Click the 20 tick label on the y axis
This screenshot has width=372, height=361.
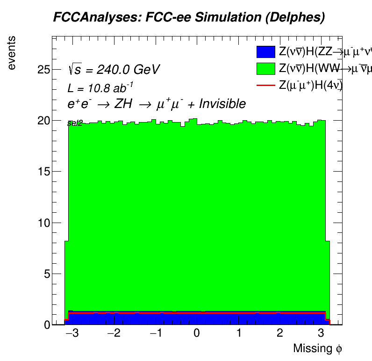tap(43, 121)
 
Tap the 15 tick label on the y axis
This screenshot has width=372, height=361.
tap(43, 172)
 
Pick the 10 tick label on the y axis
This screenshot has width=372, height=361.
tap(43, 223)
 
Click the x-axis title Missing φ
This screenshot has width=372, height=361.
tap(318, 349)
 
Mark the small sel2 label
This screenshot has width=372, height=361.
tap(75, 123)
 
